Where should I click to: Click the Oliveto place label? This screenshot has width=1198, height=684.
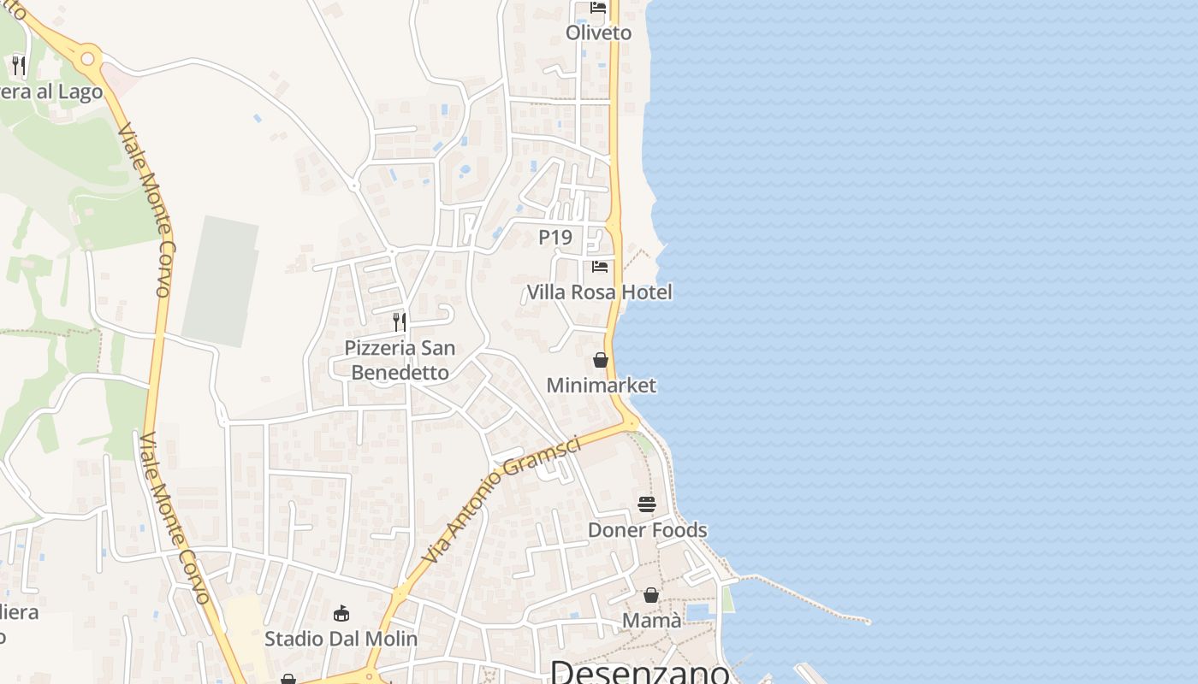598,32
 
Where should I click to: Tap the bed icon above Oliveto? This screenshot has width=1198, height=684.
598,8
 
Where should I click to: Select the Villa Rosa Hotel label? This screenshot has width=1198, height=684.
599,292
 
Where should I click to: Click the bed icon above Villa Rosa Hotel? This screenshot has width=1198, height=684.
600,267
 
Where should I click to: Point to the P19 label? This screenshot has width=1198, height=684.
555,237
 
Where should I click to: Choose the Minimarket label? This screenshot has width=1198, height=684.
601,386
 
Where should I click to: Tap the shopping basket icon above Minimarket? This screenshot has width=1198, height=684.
601,360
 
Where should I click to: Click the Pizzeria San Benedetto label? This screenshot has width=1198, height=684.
400,360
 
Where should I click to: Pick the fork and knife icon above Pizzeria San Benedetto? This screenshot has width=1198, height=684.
400,322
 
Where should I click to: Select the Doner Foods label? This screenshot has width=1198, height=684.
647,530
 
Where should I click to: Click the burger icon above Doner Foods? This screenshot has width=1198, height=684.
647,504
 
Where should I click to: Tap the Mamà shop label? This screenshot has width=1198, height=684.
651,621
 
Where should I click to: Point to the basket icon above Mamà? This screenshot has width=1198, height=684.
651,595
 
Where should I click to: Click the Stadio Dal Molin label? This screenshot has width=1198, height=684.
341,639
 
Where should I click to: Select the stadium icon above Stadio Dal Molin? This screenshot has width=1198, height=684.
341,613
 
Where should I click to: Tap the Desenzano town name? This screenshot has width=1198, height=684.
640,671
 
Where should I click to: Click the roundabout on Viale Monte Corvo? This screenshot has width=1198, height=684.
88,58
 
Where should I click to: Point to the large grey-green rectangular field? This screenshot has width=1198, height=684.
221,280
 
